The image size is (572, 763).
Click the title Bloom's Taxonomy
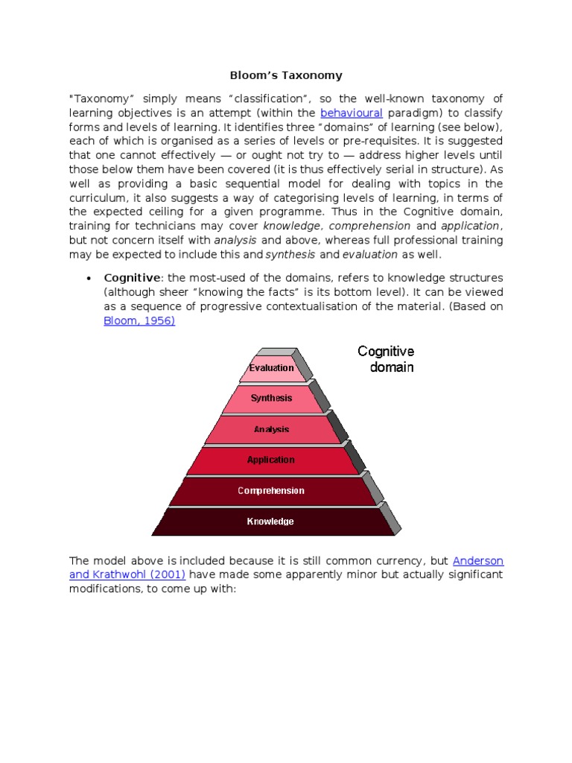point(285,75)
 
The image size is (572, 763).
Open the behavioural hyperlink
point(351,113)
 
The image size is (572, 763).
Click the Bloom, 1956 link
point(139,321)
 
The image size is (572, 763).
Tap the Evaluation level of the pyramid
point(272,367)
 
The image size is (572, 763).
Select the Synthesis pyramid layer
point(272,398)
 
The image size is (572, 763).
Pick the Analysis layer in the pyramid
point(272,429)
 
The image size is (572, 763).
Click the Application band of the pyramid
point(271,460)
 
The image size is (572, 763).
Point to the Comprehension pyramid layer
point(271,490)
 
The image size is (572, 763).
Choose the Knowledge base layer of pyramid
point(271,522)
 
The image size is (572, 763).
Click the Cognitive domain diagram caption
point(386,358)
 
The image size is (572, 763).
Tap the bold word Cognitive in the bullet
point(132,279)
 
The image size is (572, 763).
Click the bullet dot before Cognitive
point(89,279)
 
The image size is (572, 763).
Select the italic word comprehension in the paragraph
point(369,226)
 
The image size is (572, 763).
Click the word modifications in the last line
point(105,589)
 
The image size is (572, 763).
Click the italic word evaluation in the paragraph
point(370,254)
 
